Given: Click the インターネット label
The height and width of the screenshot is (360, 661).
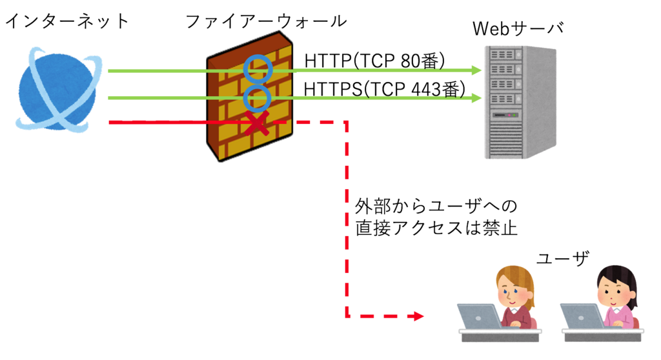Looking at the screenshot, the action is (66, 21).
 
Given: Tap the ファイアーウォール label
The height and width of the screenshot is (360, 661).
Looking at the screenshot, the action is (266, 21).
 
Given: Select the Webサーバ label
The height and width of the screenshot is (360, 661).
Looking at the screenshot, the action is (518, 28).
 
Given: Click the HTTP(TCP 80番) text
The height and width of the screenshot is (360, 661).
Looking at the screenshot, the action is (374, 61).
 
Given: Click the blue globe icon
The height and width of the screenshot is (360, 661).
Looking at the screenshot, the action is (58, 90).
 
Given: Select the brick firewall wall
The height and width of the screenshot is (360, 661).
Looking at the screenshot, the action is (250, 97).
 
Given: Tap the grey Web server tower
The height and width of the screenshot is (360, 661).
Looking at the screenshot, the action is (520, 102).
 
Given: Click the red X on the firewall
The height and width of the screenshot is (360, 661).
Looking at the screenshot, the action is (257, 123).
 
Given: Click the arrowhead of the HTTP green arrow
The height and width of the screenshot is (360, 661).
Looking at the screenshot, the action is (476, 70).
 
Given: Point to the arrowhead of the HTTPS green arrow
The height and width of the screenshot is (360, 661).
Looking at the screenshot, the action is (476, 98).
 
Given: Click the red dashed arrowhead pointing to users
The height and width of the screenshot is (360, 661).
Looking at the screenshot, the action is (418, 315).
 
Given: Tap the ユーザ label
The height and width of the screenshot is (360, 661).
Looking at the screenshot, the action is (563, 258).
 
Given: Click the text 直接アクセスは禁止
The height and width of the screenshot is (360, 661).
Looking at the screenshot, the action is (436, 228).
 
